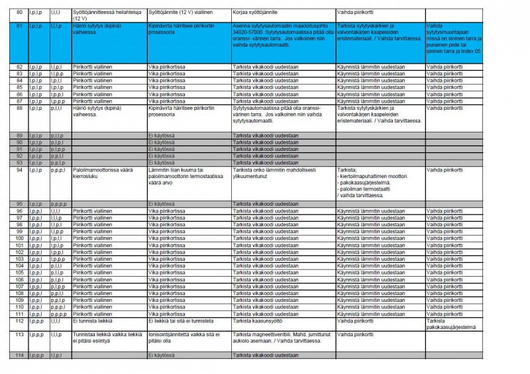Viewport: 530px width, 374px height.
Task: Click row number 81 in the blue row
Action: click(x=19, y=25)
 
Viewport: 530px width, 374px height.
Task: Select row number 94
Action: click(x=19, y=169)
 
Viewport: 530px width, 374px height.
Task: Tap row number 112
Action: click(x=19, y=321)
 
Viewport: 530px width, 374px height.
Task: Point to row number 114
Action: click(x=19, y=355)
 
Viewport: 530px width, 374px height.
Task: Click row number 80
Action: click(x=19, y=12)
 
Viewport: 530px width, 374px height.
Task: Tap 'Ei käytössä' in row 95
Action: click(x=160, y=204)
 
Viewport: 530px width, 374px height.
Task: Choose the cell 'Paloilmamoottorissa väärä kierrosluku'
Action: click(x=99, y=173)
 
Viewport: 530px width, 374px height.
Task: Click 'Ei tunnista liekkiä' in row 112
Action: click(x=93, y=321)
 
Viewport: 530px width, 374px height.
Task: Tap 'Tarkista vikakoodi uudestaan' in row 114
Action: click(x=265, y=355)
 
